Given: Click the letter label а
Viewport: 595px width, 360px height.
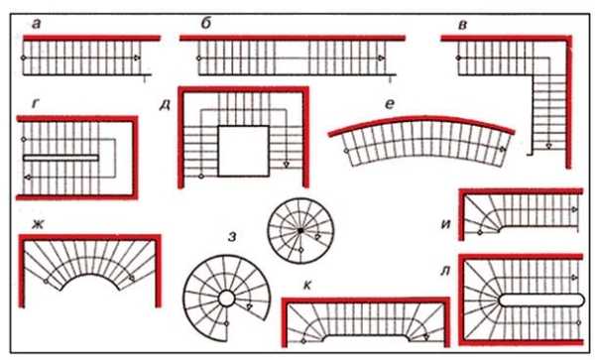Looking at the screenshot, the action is click(x=37, y=24).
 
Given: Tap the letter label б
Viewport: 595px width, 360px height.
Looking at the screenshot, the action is click(x=205, y=23).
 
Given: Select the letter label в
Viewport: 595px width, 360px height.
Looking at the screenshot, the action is click(x=462, y=25).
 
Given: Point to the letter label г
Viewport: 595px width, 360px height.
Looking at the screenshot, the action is click(x=36, y=103).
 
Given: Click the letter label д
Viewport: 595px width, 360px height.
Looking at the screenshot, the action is click(x=165, y=105).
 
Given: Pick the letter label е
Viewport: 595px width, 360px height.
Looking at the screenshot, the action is click(x=390, y=104).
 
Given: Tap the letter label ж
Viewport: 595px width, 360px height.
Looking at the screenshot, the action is click(x=38, y=224).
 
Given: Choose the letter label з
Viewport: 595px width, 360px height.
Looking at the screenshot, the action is click(x=232, y=237).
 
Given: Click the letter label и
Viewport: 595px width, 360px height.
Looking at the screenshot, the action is click(x=446, y=224).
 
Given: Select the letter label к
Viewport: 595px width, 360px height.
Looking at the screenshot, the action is click(x=307, y=286).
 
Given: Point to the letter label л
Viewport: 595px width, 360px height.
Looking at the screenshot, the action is click(x=445, y=271).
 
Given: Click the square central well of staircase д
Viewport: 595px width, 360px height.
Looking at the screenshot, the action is click(x=244, y=151).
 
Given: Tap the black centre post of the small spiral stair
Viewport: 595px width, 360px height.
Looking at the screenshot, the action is click(x=300, y=230).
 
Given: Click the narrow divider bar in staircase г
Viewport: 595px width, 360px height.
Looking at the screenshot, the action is click(x=60, y=158).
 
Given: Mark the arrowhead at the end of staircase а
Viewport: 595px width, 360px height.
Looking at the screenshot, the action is click(x=137, y=59).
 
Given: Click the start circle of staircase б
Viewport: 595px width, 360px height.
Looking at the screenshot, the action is click(x=198, y=59).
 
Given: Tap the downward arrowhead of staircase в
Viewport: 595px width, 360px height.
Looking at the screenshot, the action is click(x=548, y=145).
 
